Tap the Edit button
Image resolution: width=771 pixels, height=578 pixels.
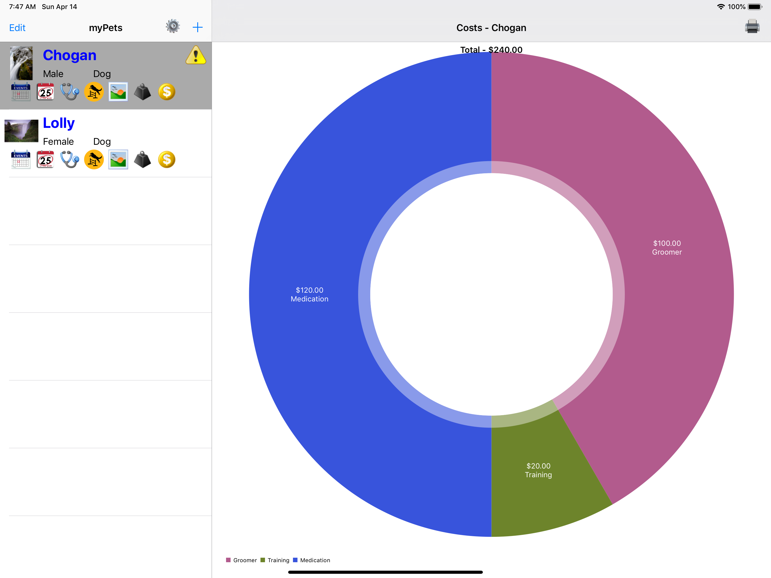17,28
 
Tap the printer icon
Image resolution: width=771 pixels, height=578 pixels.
752,27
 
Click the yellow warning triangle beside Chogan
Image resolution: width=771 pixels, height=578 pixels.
196,55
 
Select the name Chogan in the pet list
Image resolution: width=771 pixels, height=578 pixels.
69,55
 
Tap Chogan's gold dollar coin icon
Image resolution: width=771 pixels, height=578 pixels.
167,92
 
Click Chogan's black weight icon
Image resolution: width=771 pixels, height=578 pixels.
142,92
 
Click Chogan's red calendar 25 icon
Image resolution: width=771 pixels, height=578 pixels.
45,92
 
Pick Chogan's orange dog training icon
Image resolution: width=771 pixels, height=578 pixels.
94,92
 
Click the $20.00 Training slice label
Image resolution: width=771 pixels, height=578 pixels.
538,470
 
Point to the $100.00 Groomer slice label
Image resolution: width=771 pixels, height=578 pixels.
667,248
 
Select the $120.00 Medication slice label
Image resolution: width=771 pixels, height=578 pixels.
310,295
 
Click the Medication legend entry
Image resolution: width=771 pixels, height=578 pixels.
312,560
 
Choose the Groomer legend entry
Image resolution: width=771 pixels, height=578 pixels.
242,560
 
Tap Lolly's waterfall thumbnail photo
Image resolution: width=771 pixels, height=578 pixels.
21,131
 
